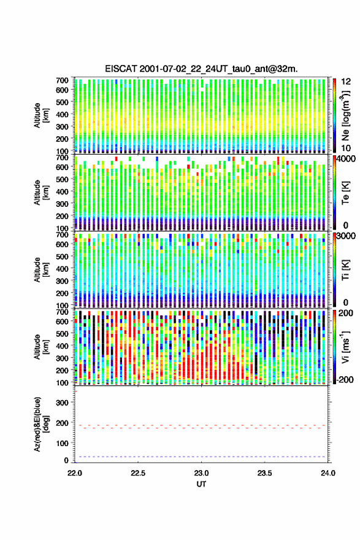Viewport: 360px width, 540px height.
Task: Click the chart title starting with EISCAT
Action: point(201,69)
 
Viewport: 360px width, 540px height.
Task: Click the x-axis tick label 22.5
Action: point(137,473)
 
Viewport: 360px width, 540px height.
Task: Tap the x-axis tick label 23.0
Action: point(201,473)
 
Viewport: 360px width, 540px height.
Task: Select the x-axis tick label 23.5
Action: point(265,473)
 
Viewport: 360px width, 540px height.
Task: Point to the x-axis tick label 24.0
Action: point(328,473)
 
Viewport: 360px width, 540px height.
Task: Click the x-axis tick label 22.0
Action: point(75,473)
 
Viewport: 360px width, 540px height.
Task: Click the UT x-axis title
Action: point(201,484)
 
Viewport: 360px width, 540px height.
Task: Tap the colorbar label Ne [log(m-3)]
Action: point(345,115)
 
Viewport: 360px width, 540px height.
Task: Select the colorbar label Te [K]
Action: point(345,193)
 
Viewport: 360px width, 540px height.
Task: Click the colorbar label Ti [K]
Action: point(345,269)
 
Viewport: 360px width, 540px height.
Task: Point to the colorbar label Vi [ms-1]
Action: point(345,347)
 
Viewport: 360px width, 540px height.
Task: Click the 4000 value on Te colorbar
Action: point(346,159)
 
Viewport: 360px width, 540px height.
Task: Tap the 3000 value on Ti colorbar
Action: point(346,236)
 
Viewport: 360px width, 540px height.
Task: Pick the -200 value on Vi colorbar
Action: point(345,379)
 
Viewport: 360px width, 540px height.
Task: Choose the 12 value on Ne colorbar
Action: point(346,82)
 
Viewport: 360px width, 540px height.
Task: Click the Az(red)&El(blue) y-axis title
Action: point(41,424)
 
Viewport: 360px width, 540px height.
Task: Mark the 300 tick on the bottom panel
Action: point(62,403)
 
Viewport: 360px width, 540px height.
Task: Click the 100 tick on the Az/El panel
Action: point(62,443)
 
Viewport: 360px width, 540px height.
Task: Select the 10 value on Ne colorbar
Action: point(346,148)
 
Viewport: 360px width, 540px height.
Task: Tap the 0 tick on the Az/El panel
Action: point(66,460)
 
